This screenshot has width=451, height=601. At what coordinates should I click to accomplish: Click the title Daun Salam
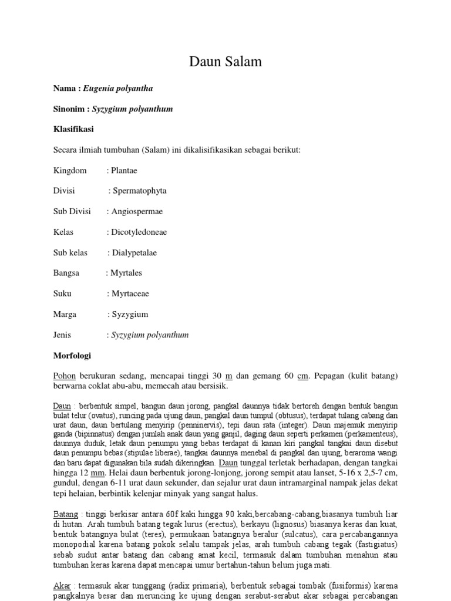tap(225, 62)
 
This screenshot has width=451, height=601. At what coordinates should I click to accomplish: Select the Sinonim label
tap(70, 109)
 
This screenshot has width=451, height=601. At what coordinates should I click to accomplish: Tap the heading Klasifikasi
tap(73, 129)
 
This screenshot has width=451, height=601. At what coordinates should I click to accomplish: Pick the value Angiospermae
tap(137, 211)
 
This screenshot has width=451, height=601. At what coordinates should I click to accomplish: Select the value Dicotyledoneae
tap(139, 232)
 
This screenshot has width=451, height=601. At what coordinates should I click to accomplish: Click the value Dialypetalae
tap(134, 252)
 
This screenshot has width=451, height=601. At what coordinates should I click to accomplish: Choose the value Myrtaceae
tap(130, 293)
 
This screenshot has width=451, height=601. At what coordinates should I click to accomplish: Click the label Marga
tap(65, 314)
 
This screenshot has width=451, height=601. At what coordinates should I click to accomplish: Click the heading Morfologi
tap(72, 356)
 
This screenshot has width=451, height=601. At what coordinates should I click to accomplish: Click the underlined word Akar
tap(62, 586)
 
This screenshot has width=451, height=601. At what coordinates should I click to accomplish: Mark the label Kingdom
tap(70, 170)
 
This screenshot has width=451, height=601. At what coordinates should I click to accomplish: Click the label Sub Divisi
tap(72, 211)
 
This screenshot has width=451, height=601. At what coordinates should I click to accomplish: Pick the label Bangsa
tap(67, 273)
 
